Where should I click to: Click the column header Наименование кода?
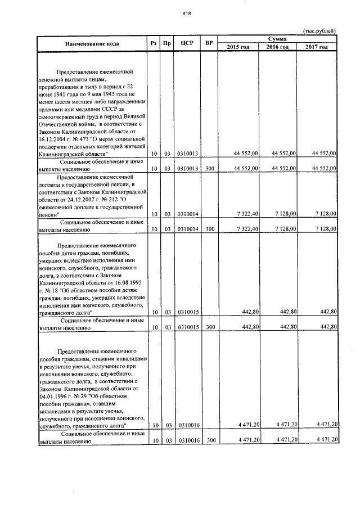[x=92, y=43]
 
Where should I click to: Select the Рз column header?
[x=154, y=43]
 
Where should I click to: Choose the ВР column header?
[x=209, y=43]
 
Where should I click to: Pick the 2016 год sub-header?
[x=278, y=47]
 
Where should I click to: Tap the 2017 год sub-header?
[x=317, y=47]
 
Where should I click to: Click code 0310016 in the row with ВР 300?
[x=188, y=440]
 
